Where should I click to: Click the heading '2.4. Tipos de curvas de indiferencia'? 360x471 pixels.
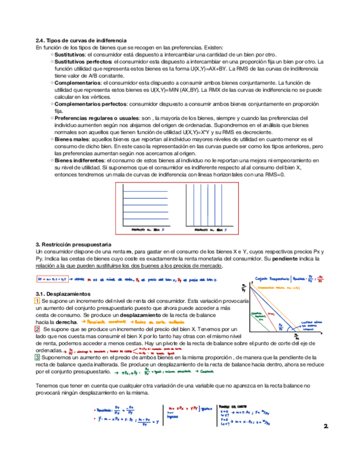pos(81,40)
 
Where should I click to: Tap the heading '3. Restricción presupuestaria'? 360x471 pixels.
pos(73,244)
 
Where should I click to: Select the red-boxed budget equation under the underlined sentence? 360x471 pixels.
pos(52,279)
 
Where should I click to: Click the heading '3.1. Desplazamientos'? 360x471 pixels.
pos(63,293)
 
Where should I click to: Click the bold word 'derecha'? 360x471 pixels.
pos(66,322)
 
